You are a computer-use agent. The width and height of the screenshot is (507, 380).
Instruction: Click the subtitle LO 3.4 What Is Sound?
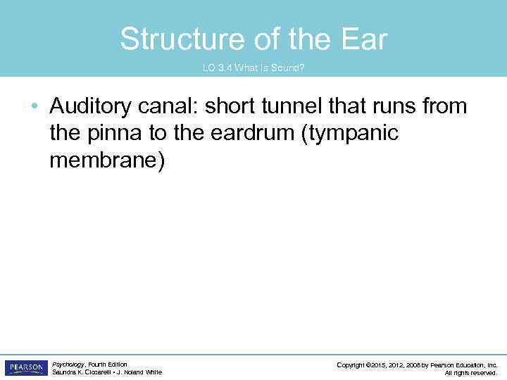tap(254, 68)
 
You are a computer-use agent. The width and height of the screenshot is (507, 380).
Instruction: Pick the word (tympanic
tap(350, 134)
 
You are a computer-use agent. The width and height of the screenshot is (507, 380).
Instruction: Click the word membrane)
tap(107, 160)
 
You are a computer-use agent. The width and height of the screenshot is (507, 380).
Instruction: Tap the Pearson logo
tap(26, 368)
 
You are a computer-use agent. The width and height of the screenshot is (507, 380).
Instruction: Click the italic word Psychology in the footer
tap(68, 365)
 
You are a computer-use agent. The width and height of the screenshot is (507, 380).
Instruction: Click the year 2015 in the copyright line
tap(380, 365)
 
